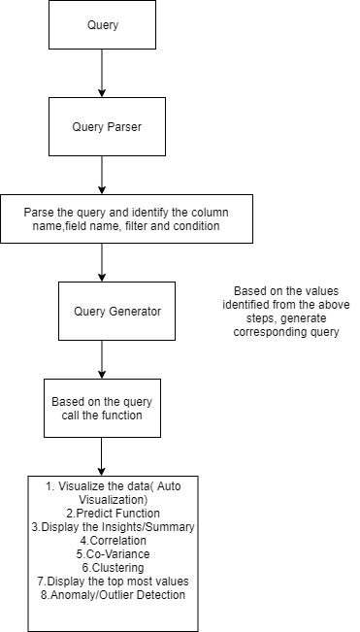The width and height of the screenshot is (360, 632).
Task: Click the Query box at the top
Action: pos(102,26)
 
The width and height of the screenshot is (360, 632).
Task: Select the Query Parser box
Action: pos(102,125)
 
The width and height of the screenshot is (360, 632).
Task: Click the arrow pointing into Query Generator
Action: pos(102,262)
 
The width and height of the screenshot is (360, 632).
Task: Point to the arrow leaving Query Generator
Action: pos(102,358)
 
